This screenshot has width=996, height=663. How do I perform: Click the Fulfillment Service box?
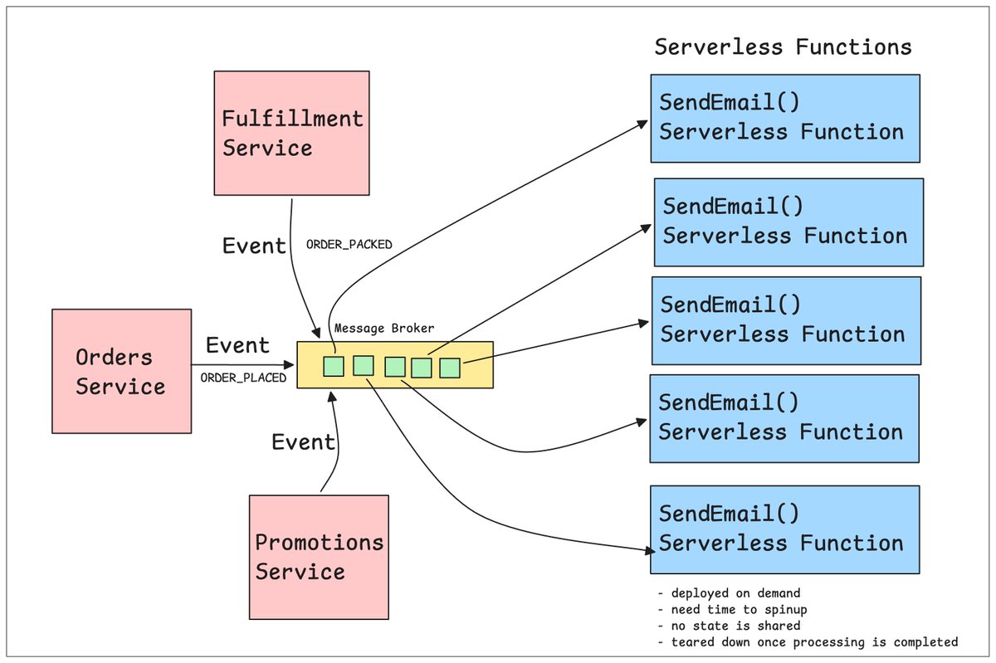tap(291, 133)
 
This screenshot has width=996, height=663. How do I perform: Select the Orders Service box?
tap(122, 371)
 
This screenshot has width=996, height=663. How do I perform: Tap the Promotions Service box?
tap(319, 557)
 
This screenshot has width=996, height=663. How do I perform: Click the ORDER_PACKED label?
tap(349, 245)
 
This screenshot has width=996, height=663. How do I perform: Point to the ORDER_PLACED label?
tap(243, 378)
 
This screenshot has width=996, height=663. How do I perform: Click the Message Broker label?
tap(384, 328)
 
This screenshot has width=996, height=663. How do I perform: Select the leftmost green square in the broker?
tap(334, 367)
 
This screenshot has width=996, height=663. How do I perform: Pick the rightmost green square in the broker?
tap(450, 368)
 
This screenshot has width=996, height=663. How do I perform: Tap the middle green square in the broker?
tap(395, 367)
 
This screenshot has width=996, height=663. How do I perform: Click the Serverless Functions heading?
tap(783, 46)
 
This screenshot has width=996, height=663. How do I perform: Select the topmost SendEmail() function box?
tap(785, 119)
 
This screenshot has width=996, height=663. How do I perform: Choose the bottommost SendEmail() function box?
tap(785, 529)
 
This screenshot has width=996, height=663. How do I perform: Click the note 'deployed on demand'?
tap(735, 593)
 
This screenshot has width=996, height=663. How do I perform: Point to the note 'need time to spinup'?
tap(739, 610)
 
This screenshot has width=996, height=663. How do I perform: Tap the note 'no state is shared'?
tap(735, 626)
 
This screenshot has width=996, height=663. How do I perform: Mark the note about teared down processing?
tap(814, 642)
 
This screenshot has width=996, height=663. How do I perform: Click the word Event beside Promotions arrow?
tap(303, 442)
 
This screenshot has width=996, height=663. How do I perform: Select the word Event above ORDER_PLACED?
tap(238, 345)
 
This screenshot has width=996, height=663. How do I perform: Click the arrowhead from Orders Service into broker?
tap(290, 365)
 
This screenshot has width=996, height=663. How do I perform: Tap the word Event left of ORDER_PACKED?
tap(254, 246)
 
